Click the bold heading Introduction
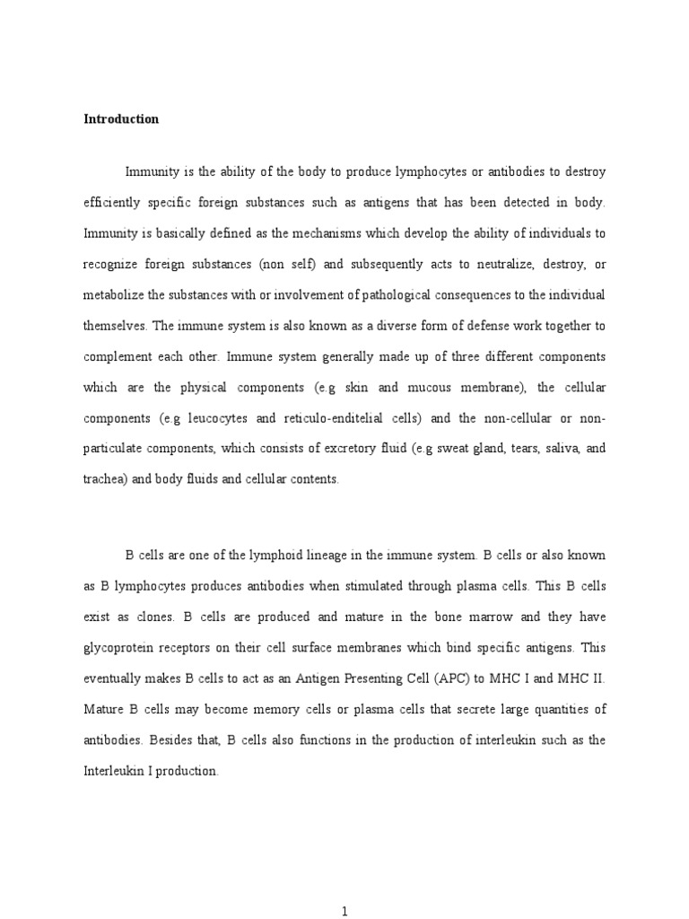(121, 119)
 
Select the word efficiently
(118, 203)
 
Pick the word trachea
(105, 479)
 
